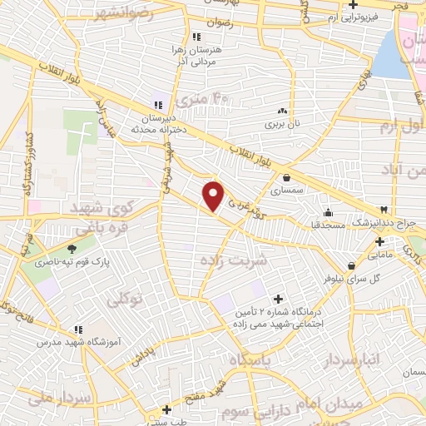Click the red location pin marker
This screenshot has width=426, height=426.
(214, 196)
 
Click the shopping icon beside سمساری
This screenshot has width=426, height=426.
(287, 176)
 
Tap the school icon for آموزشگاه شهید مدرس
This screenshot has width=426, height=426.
(77, 329)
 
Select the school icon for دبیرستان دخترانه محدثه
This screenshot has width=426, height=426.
(157, 105)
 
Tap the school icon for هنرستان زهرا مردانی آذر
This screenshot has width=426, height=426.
(196, 37)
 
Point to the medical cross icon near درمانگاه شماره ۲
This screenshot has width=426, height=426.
(278, 297)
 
